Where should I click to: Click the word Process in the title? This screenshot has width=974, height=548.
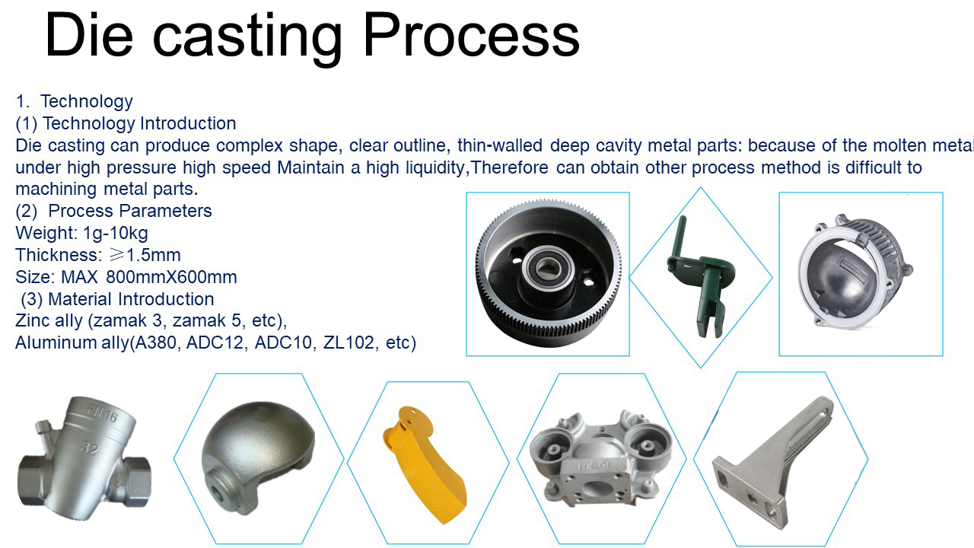(x=471, y=35)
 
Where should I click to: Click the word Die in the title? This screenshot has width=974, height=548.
(x=89, y=35)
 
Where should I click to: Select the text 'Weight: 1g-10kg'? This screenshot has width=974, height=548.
(x=81, y=233)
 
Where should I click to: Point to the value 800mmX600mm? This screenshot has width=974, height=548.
(x=171, y=277)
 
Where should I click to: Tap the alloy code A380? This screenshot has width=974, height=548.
(x=156, y=342)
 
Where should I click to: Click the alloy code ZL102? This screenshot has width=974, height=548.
(x=349, y=342)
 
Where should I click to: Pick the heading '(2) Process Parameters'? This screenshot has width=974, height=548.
(x=113, y=211)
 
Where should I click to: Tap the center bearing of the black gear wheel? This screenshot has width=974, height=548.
(x=543, y=266)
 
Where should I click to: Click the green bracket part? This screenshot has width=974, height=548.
(x=699, y=278)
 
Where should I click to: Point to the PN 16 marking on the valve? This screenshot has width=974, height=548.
(x=103, y=413)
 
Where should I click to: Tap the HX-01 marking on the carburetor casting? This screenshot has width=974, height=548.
(x=594, y=467)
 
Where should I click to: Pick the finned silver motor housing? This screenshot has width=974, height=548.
(x=855, y=272)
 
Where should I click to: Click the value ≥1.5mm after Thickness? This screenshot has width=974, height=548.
(x=145, y=255)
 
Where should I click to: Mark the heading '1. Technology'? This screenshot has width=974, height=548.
(x=75, y=101)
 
